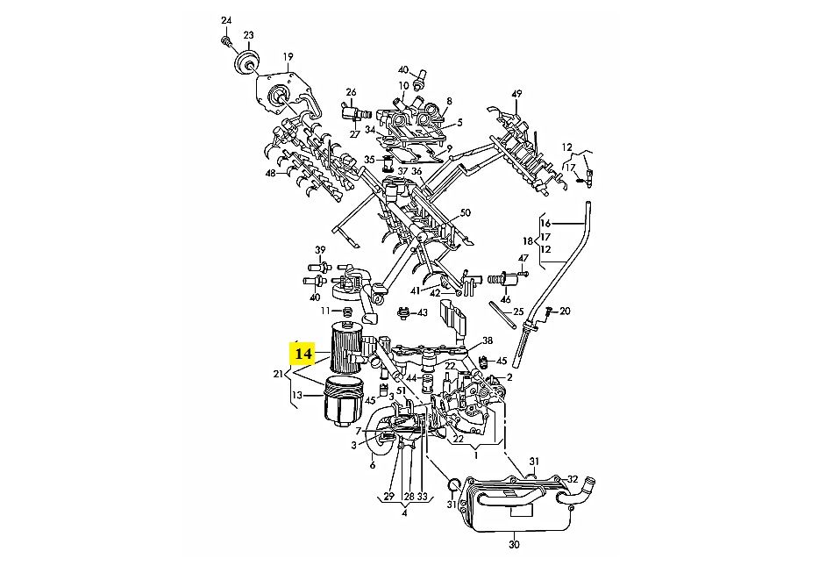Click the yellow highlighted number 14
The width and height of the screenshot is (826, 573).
[303, 354]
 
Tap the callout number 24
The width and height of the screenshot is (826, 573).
[226, 20]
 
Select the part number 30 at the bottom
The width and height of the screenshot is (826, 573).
[514, 546]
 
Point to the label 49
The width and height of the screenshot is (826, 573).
[516, 95]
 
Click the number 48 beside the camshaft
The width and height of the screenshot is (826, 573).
[270, 173]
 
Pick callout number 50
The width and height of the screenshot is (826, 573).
[465, 212]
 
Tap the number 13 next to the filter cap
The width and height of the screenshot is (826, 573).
[296, 395]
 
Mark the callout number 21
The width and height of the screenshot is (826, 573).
[277, 375]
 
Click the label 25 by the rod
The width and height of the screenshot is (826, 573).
[518, 312]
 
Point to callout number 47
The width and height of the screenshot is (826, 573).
[523, 258]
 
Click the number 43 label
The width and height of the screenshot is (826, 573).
[422, 312]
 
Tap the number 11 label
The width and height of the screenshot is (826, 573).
[324, 311]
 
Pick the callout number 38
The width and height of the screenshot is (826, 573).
[487, 340]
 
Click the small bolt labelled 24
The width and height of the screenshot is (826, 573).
[226, 39]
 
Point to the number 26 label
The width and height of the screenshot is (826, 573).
[351, 92]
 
